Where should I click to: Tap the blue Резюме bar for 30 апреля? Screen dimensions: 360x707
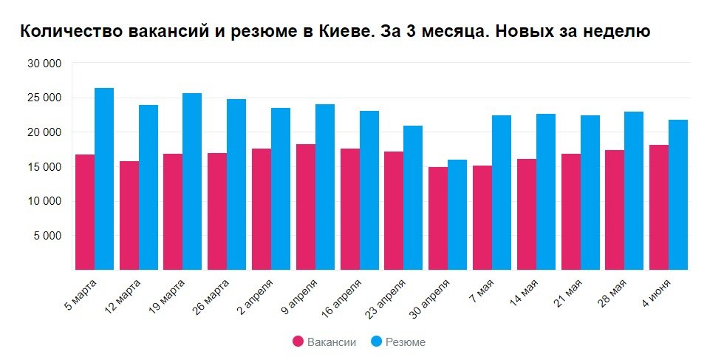[x=457, y=214]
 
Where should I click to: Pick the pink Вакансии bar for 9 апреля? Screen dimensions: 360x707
[x=305, y=207]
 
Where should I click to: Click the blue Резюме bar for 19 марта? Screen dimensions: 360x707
[x=192, y=181]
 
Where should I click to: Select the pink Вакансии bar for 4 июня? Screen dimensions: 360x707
[x=659, y=207]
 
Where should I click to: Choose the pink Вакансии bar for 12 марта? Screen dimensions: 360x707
[x=129, y=215]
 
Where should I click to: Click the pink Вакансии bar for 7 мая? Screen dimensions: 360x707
[x=482, y=217]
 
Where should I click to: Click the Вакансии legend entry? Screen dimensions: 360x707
[x=332, y=342]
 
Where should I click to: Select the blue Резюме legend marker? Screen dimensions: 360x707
[x=376, y=342]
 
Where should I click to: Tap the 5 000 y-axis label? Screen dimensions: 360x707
[x=49, y=236]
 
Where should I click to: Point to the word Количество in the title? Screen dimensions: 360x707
[x=63, y=32]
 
